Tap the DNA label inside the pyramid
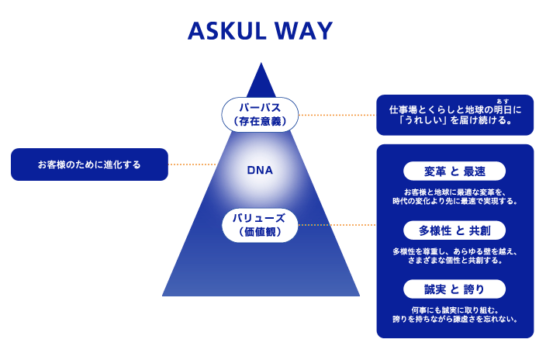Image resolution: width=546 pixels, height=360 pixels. click(260, 168)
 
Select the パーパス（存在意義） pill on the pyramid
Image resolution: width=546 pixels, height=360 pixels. click(260, 113)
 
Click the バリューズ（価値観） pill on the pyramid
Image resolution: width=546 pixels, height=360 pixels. click(260, 225)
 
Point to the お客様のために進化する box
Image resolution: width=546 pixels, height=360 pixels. click(90, 164)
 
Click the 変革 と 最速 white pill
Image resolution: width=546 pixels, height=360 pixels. click(454, 171)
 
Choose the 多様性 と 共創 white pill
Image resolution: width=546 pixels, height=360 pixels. click(454, 230)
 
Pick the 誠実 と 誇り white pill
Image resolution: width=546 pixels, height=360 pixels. click(454, 289)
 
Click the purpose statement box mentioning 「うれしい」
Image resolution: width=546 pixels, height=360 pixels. click(454, 115)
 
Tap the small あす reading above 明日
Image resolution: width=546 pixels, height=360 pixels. click(505, 101)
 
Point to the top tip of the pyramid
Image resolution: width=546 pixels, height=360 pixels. click(261, 64)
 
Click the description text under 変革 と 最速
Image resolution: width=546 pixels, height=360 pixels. click(454, 196)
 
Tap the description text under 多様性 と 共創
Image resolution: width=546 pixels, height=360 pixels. click(454, 255)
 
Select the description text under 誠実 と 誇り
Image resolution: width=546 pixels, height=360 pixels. click(454, 314)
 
